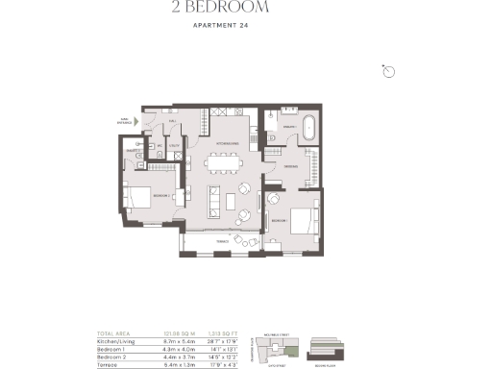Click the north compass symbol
pos(389,72)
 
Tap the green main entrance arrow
pos(137,121)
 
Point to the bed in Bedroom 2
pos(137,196)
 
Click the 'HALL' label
pos(173,122)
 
